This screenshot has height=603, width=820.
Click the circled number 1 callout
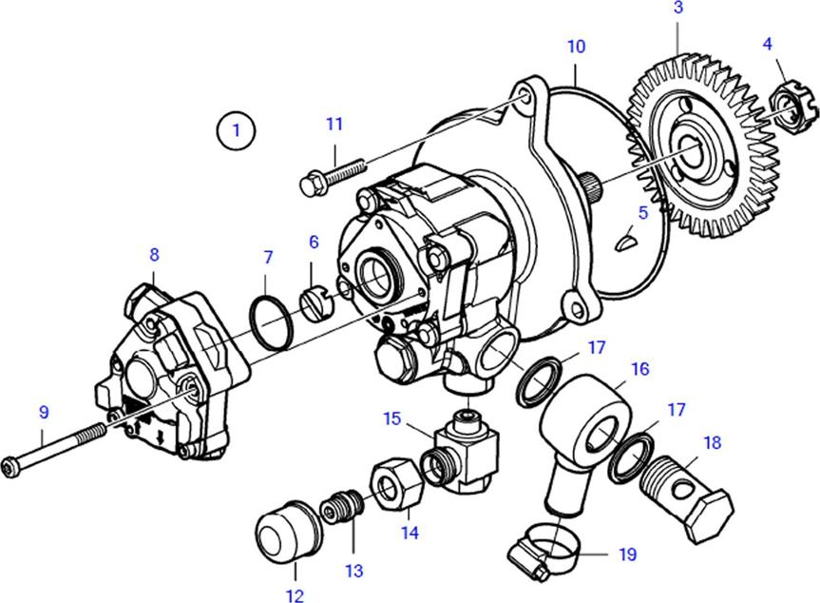click(x=236, y=129)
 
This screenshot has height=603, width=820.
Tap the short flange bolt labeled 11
click(x=324, y=175)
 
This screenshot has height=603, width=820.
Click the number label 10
click(x=577, y=46)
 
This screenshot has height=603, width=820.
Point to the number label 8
click(x=154, y=254)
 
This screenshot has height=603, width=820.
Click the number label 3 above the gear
click(x=677, y=9)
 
